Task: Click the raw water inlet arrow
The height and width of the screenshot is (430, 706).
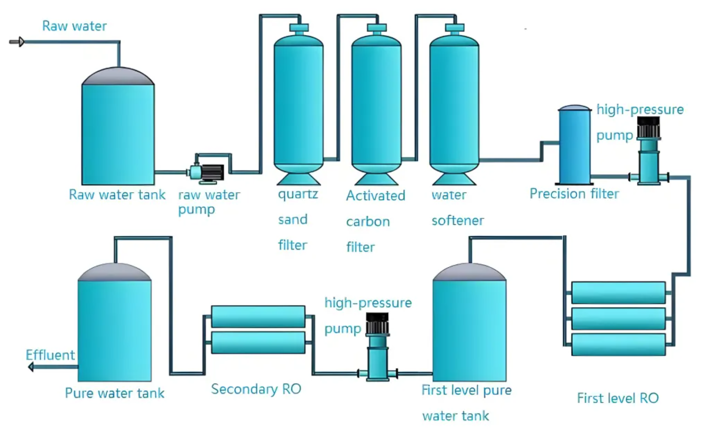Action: [17, 42]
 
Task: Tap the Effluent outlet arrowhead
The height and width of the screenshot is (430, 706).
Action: [31, 367]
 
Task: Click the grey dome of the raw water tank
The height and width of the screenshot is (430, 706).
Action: [118, 77]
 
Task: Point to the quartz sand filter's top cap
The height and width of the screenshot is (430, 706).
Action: [299, 28]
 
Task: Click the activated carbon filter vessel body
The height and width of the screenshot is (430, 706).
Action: [376, 105]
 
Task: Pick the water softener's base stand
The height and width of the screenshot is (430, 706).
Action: [454, 179]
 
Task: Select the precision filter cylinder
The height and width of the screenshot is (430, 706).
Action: [574, 146]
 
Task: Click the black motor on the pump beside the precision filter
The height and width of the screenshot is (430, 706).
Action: [649, 127]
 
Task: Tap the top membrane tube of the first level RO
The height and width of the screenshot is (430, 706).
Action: [618, 293]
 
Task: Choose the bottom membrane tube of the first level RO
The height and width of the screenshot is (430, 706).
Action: [618, 345]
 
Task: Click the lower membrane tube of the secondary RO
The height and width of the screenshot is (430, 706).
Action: [258, 342]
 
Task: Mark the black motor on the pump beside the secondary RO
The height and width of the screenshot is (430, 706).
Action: [377, 323]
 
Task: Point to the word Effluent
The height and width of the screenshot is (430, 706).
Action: [50, 355]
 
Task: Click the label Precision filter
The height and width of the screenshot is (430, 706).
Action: [574, 194]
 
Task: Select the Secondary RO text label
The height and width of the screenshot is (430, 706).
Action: [256, 389]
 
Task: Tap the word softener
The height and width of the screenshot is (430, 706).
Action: [457, 220]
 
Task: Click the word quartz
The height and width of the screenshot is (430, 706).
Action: [298, 194]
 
